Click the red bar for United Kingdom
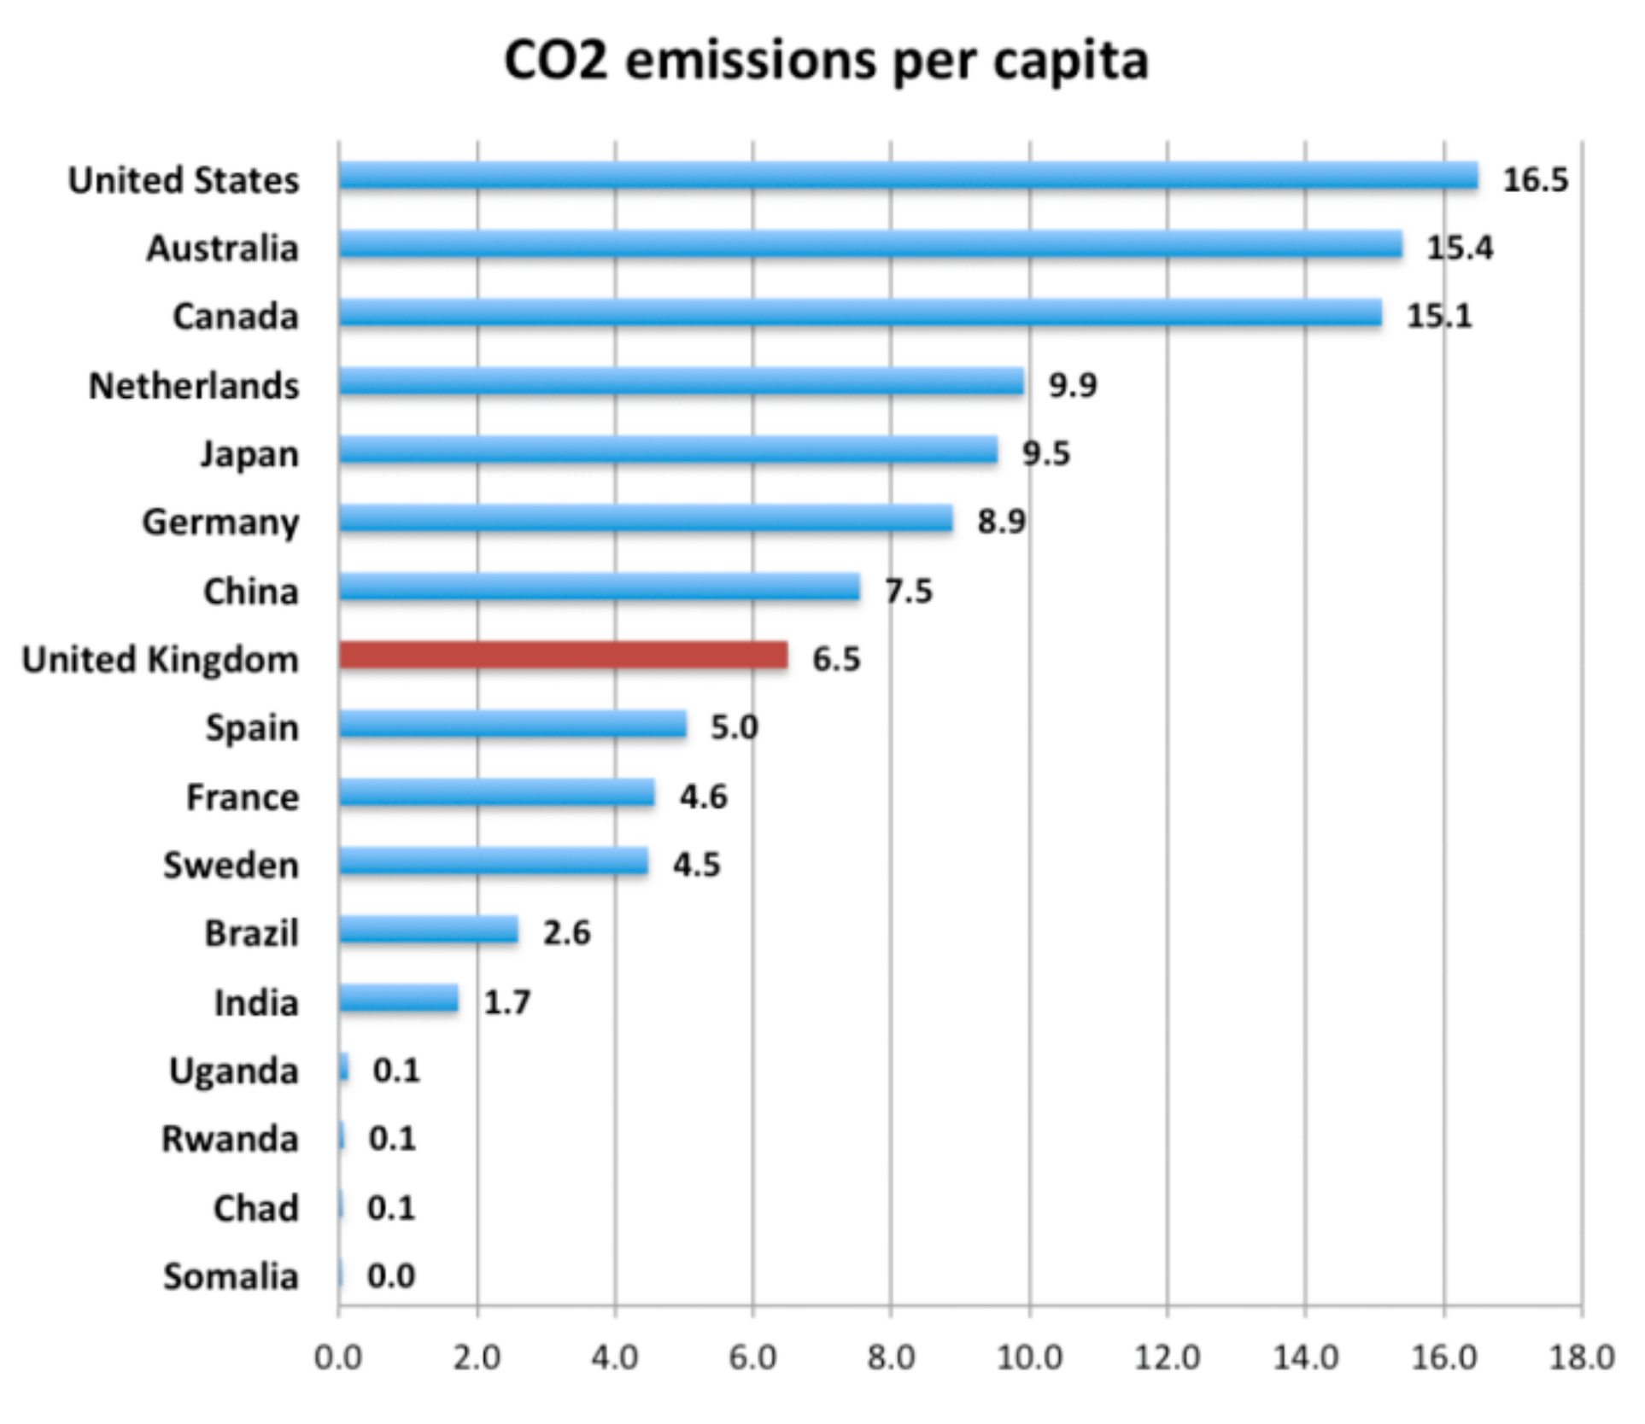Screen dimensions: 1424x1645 point(564,656)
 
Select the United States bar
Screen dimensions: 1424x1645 point(908,176)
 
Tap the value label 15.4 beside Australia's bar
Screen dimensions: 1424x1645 point(1460,248)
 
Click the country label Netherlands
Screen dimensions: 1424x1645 point(194,386)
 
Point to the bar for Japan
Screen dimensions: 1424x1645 point(668,450)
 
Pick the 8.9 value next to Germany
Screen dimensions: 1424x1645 point(1001,521)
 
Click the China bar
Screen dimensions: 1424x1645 point(599,587)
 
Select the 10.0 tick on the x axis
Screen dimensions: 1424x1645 point(1029,1357)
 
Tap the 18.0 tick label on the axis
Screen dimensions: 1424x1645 point(1581,1357)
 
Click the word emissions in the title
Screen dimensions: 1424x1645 point(750,61)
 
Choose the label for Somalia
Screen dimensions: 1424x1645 point(231,1277)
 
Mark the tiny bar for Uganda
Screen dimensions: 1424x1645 point(343,1068)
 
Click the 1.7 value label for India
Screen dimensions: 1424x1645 point(506,1002)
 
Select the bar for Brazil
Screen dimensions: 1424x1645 point(428,931)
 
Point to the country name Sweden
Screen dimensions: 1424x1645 point(231,866)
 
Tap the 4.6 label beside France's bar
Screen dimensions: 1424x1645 point(703,797)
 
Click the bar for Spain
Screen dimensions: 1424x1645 point(512,725)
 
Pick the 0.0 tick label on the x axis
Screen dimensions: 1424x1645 point(338,1357)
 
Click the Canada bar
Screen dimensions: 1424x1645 point(860,313)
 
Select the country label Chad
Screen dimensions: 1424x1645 point(255,1209)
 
